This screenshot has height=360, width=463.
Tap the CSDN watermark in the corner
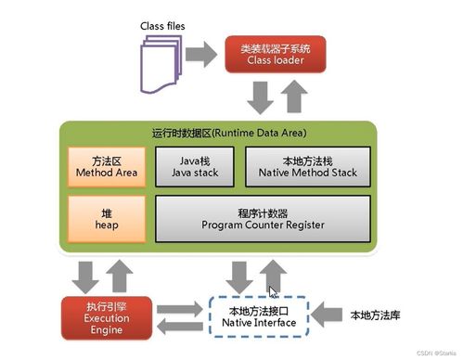pos(431,353)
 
